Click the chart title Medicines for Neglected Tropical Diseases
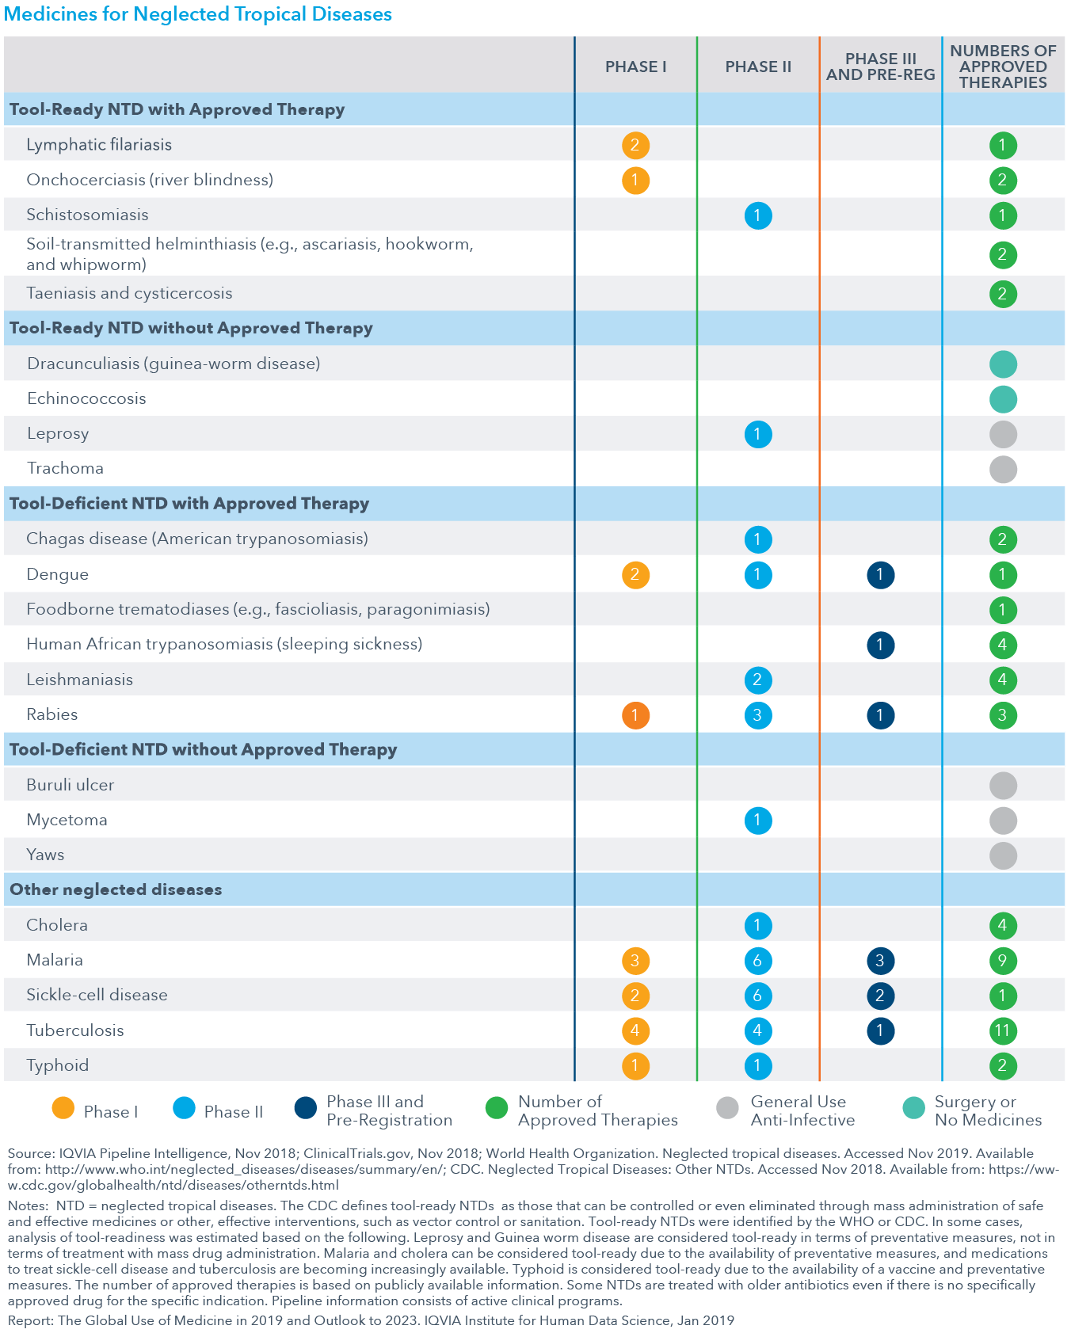(197, 14)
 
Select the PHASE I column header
(635, 67)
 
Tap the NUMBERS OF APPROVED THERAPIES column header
(1003, 67)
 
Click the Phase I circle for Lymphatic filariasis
(635, 145)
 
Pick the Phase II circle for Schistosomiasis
(758, 215)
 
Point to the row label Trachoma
(65, 468)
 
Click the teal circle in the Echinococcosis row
(1003, 399)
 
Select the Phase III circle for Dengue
(880, 575)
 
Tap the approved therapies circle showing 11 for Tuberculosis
(1003, 1030)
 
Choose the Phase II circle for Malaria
(758, 961)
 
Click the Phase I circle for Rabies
(635, 715)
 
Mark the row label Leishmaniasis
(79, 680)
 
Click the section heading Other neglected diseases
(116, 889)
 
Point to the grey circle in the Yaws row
(1003, 855)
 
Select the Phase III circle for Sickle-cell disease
(880, 996)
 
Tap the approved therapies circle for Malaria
(1003, 961)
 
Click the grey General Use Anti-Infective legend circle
(727, 1108)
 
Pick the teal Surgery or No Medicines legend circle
(914, 1108)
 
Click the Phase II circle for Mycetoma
(758, 821)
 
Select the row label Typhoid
(57, 1065)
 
